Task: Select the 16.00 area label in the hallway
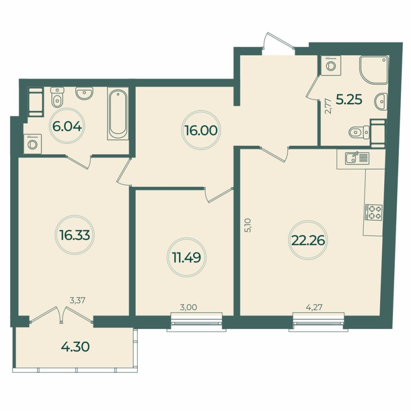click(201, 130)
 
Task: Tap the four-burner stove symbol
click(373, 212)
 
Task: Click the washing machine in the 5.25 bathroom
click(330, 66)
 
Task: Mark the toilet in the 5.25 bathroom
click(357, 133)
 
